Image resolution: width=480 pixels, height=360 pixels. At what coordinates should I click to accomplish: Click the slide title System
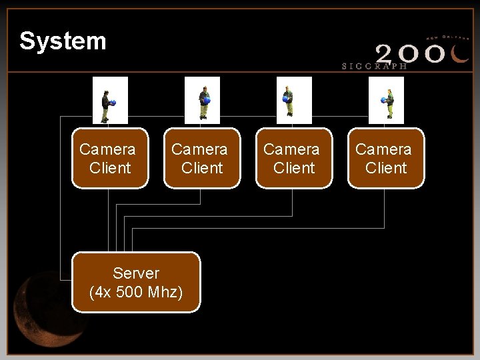63,41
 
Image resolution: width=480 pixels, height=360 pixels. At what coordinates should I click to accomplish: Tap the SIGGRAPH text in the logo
374,66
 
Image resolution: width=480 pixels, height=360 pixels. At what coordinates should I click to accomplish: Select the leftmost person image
109,101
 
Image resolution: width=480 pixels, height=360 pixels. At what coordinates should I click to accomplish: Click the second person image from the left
202,101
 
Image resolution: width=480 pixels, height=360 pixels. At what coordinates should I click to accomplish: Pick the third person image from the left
293,101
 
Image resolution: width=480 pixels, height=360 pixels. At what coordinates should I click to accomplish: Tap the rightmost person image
387,101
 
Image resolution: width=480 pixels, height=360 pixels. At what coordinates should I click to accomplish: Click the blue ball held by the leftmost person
113,103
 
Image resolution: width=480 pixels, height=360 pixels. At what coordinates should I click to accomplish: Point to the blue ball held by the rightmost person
383,100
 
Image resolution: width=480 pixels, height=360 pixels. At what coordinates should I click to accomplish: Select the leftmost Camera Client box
109,158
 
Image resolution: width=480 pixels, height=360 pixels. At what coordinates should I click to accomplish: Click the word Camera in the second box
199,149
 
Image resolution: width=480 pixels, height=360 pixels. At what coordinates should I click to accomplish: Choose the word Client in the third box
294,167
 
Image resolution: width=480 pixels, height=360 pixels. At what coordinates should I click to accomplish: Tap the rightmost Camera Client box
385,158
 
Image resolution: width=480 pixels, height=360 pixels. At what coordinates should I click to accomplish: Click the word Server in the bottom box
136,273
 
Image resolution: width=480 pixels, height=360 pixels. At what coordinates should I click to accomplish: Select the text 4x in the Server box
104,292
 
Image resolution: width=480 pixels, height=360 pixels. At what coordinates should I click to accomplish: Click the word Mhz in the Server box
167,292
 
